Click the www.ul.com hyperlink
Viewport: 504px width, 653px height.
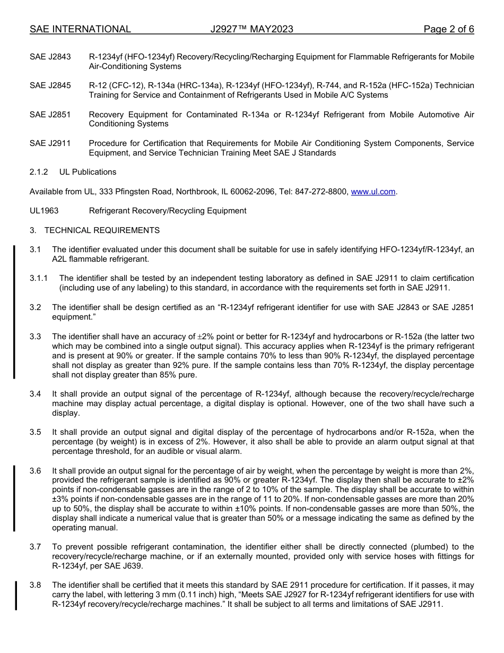pyautogui.click(x=373, y=192)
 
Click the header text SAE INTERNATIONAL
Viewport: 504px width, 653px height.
pyautogui.click(x=80, y=29)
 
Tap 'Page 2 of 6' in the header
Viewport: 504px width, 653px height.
pyautogui.click(x=448, y=29)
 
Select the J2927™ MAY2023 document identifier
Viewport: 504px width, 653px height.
pyautogui.click(x=251, y=29)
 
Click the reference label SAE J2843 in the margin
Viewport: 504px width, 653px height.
pyautogui.click(x=50, y=57)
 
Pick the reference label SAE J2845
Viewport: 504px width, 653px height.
pyautogui.click(x=50, y=85)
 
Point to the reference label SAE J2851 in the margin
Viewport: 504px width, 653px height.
pyautogui.click(x=50, y=115)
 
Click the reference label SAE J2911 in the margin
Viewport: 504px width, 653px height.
pyautogui.click(x=50, y=143)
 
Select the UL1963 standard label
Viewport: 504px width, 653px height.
pyautogui.click(x=44, y=211)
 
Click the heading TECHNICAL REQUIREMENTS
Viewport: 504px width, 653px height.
pyautogui.click(x=102, y=230)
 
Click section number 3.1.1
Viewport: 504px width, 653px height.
pyautogui.click(x=39, y=278)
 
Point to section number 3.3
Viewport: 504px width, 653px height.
pyautogui.click(x=35, y=337)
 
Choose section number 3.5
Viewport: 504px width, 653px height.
pyautogui.click(x=35, y=432)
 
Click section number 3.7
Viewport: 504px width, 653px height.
pyautogui.click(x=35, y=547)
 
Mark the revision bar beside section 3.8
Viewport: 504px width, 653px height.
pyautogui.click(x=15, y=595)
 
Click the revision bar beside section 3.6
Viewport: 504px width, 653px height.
pyautogui.click(x=14, y=499)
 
